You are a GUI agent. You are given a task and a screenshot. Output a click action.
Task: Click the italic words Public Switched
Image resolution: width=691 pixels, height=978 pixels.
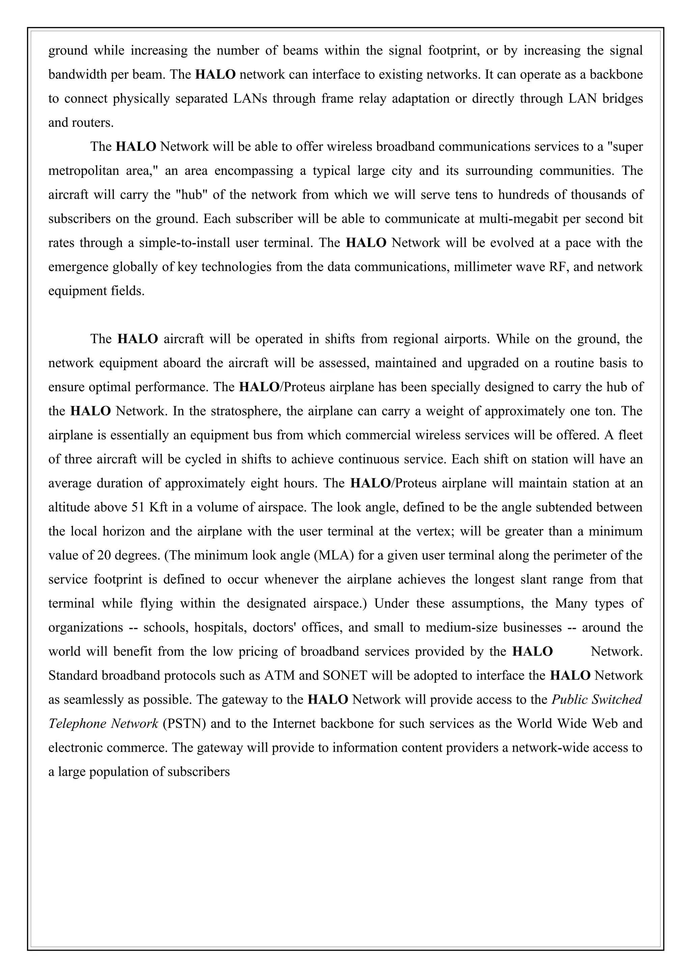pyautogui.click(x=597, y=700)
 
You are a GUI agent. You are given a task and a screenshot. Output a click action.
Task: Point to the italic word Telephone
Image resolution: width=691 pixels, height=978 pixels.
pyautogui.click(x=77, y=724)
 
